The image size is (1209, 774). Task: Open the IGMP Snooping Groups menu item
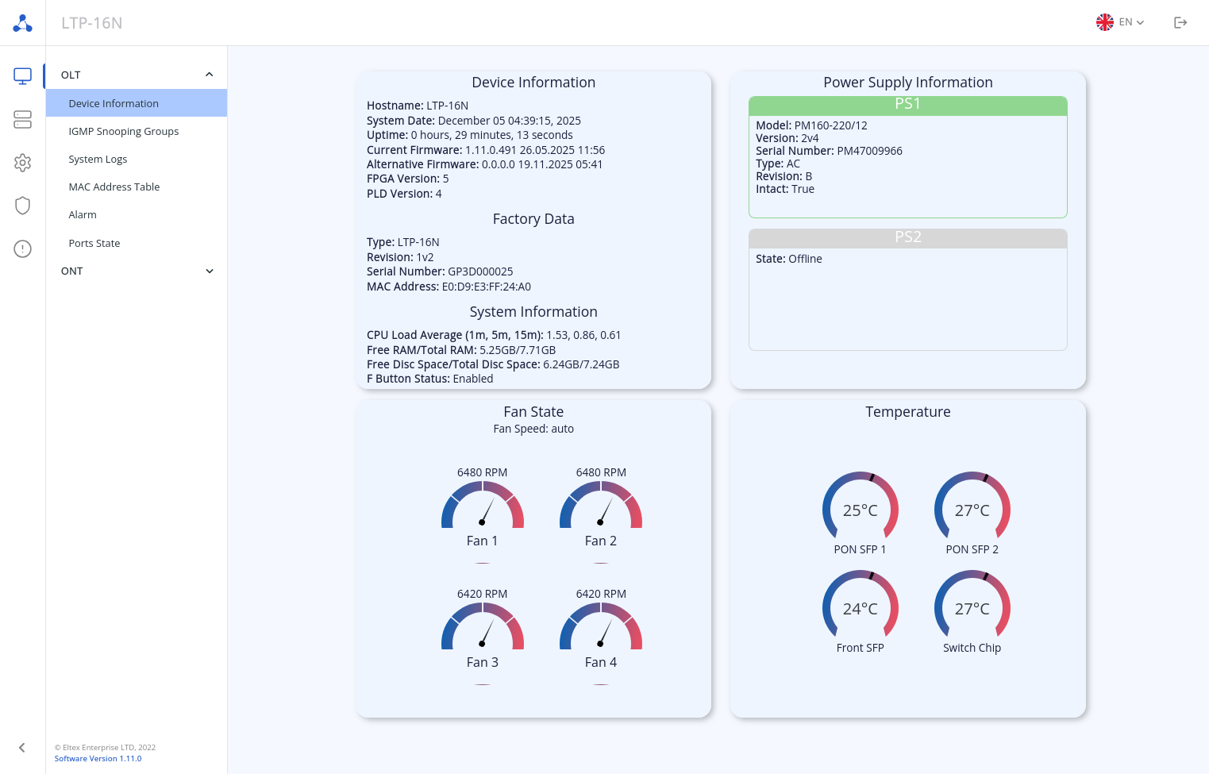pyautogui.click(x=123, y=132)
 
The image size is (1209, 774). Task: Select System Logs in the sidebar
pyautogui.click(x=98, y=160)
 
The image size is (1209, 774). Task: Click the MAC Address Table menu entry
pyautogui.click(x=114, y=187)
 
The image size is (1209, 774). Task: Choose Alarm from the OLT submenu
pyautogui.click(x=83, y=215)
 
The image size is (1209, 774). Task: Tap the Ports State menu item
pyautogui.click(x=94, y=244)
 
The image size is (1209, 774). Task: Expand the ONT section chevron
pyautogui.click(x=210, y=271)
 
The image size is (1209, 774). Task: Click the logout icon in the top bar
pyautogui.click(x=1180, y=23)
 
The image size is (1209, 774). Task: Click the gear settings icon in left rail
pyautogui.click(x=22, y=163)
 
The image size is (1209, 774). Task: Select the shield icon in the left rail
pyautogui.click(x=22, y=206)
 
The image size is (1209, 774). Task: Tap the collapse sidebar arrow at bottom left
pyautogui.click(x=22, y=748)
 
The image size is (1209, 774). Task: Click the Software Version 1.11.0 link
pyautogui.click(x=98, y=759)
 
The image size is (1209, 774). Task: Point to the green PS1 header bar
pyautogui.click(x=907, y=105)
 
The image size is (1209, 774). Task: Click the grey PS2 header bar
pyautogui.click(x=907, y=238)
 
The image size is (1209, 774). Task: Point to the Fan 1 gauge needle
pyautogui.click(x=487, y=510)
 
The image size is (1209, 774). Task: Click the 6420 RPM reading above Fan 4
pyautogui.click(x=601, y=595)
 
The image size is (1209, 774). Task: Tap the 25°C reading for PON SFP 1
pyautogui.click(x=860, y=511)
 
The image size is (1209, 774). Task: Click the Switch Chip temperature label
pyautogui.click(x=972, y=649)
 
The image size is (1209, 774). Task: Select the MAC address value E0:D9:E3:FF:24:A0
pyautogui.click(x=486, y=287)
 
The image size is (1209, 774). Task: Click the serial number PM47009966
pyautogui.click(x=869, y=152)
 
